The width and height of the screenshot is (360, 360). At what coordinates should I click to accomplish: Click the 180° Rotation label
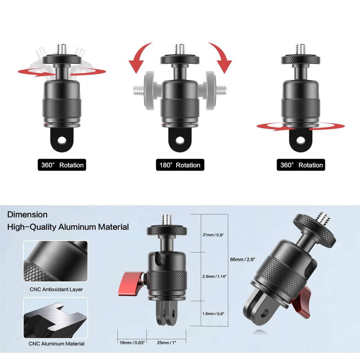pos(180,165)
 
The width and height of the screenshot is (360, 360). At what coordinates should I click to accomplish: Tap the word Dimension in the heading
pos(27,215)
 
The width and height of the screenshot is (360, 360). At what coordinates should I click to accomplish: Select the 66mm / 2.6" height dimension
pos(243,260)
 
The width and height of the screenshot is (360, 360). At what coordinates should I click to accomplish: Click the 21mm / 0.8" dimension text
pos(213,235)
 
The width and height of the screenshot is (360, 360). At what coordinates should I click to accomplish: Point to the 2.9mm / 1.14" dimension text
pos(214,276)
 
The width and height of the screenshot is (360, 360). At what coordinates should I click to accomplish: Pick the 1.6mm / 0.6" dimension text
pos(213,314)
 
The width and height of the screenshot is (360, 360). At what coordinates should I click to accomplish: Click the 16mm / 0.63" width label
pos(132,343)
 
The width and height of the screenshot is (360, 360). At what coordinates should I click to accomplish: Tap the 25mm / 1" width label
pos(166,343)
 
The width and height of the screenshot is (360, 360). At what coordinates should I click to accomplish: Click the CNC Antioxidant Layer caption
pos(56,289)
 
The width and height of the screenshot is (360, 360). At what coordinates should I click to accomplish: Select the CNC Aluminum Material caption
pos(57,344)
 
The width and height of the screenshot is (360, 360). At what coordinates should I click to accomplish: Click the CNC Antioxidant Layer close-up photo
pos(55,261)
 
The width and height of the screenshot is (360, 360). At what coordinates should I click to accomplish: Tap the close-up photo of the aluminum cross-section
pos(55,318)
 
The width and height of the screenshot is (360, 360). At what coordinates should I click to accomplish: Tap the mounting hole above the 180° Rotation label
pos(180,140)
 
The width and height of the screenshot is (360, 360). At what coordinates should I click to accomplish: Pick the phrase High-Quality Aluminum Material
pos(68,227)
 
